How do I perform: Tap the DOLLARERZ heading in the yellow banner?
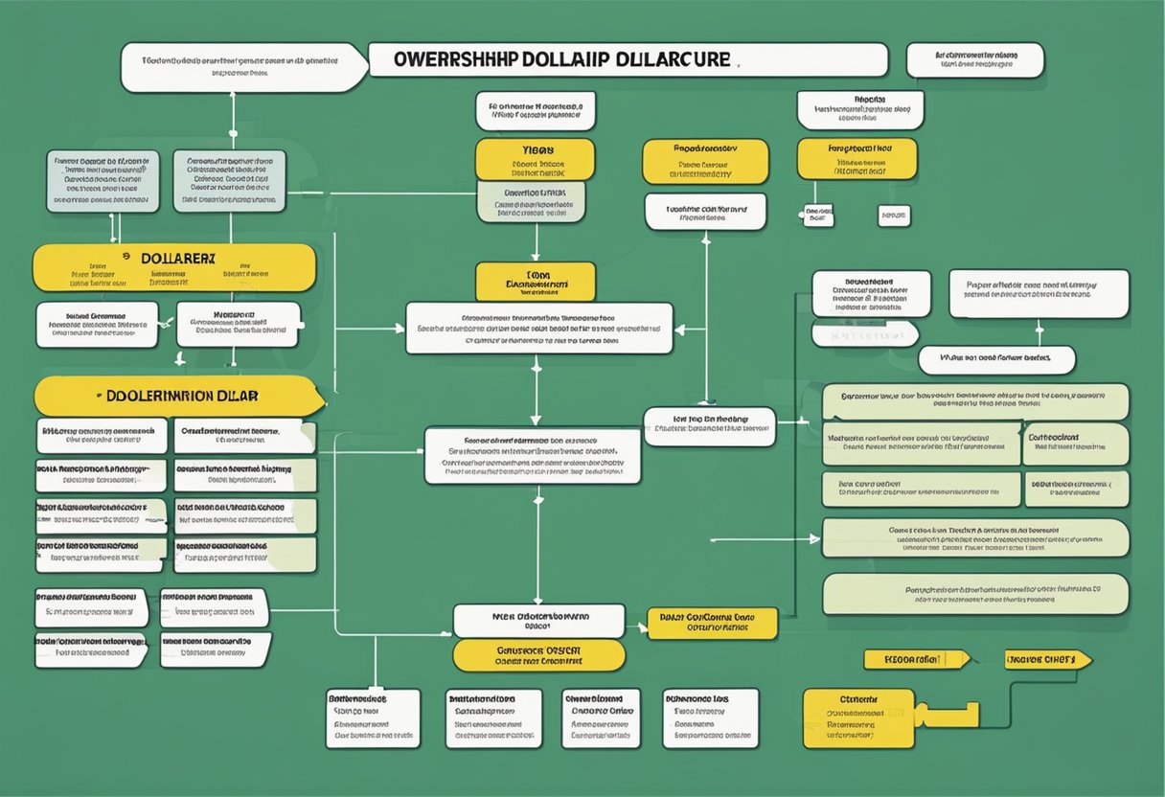click(x=176, y=259)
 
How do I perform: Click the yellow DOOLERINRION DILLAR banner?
click(x=178, y=396)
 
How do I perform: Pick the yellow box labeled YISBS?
click(x=536, y=159)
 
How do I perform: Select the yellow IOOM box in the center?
click(x=536, y=282)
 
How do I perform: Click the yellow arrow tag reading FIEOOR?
click(x=916, y=659)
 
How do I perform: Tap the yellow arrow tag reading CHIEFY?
click(x=1047, y=659)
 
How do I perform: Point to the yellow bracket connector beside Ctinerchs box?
click(x=948, y=715)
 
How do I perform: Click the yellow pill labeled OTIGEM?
click(x=538, y=655)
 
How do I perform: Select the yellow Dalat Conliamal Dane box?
click(x=715, y=624)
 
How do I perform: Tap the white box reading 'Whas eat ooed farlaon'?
click(x=996, y=360)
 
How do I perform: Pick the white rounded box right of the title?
click(x=975, y=60)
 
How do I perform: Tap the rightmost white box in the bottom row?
click(x=711, y=718)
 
